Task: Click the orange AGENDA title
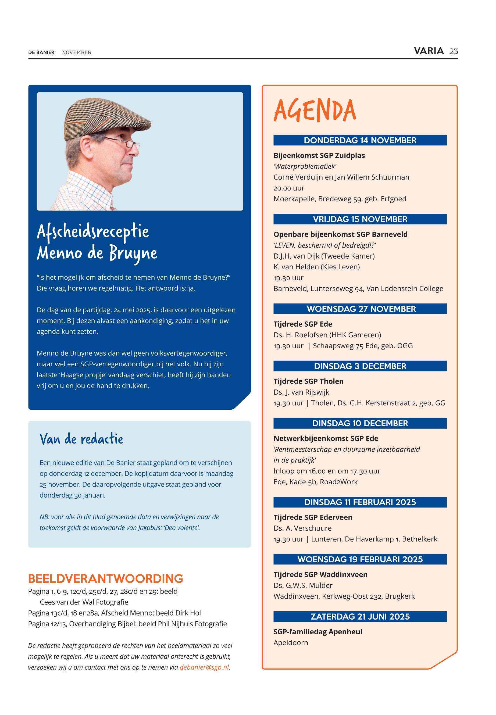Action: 315,111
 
